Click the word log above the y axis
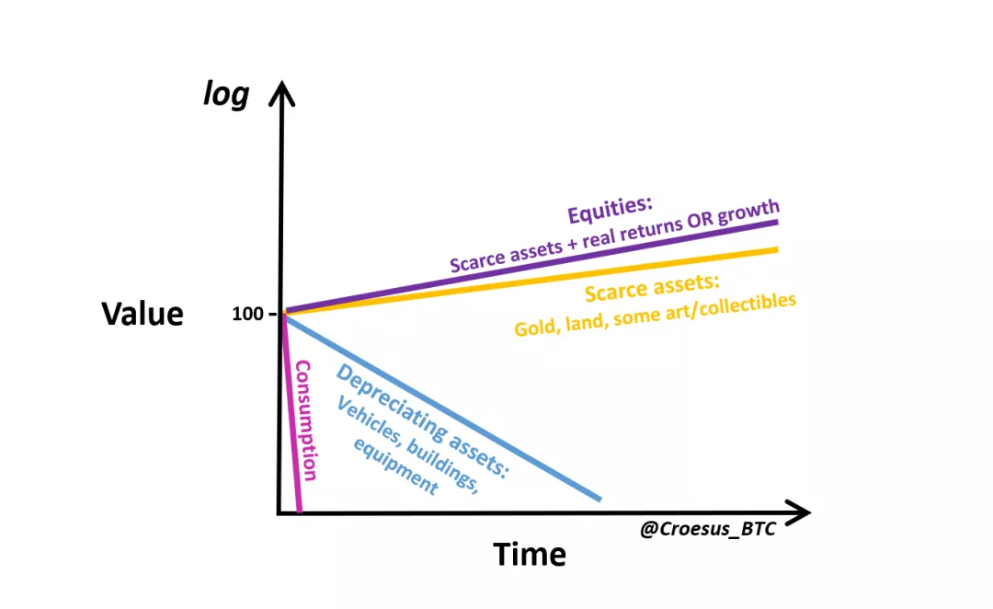[x=226, y=95]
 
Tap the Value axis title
[x=143, y=313]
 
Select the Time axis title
[x=530, y=554]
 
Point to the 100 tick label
[x=247, y=314]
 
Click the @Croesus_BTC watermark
[x=707, y=529]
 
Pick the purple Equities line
[x=532, y=267]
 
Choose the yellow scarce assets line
[x=532, y=281]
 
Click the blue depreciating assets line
[x=442, y=408]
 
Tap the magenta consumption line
[x=292, y=412]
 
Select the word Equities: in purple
[x=610, y=210]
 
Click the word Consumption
[x=305, y=420]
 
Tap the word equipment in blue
[x=395, y=466]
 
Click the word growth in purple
[x=748, y=212]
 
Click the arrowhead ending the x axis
[x=798, y=512]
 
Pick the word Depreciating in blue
[x=389, y=402]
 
